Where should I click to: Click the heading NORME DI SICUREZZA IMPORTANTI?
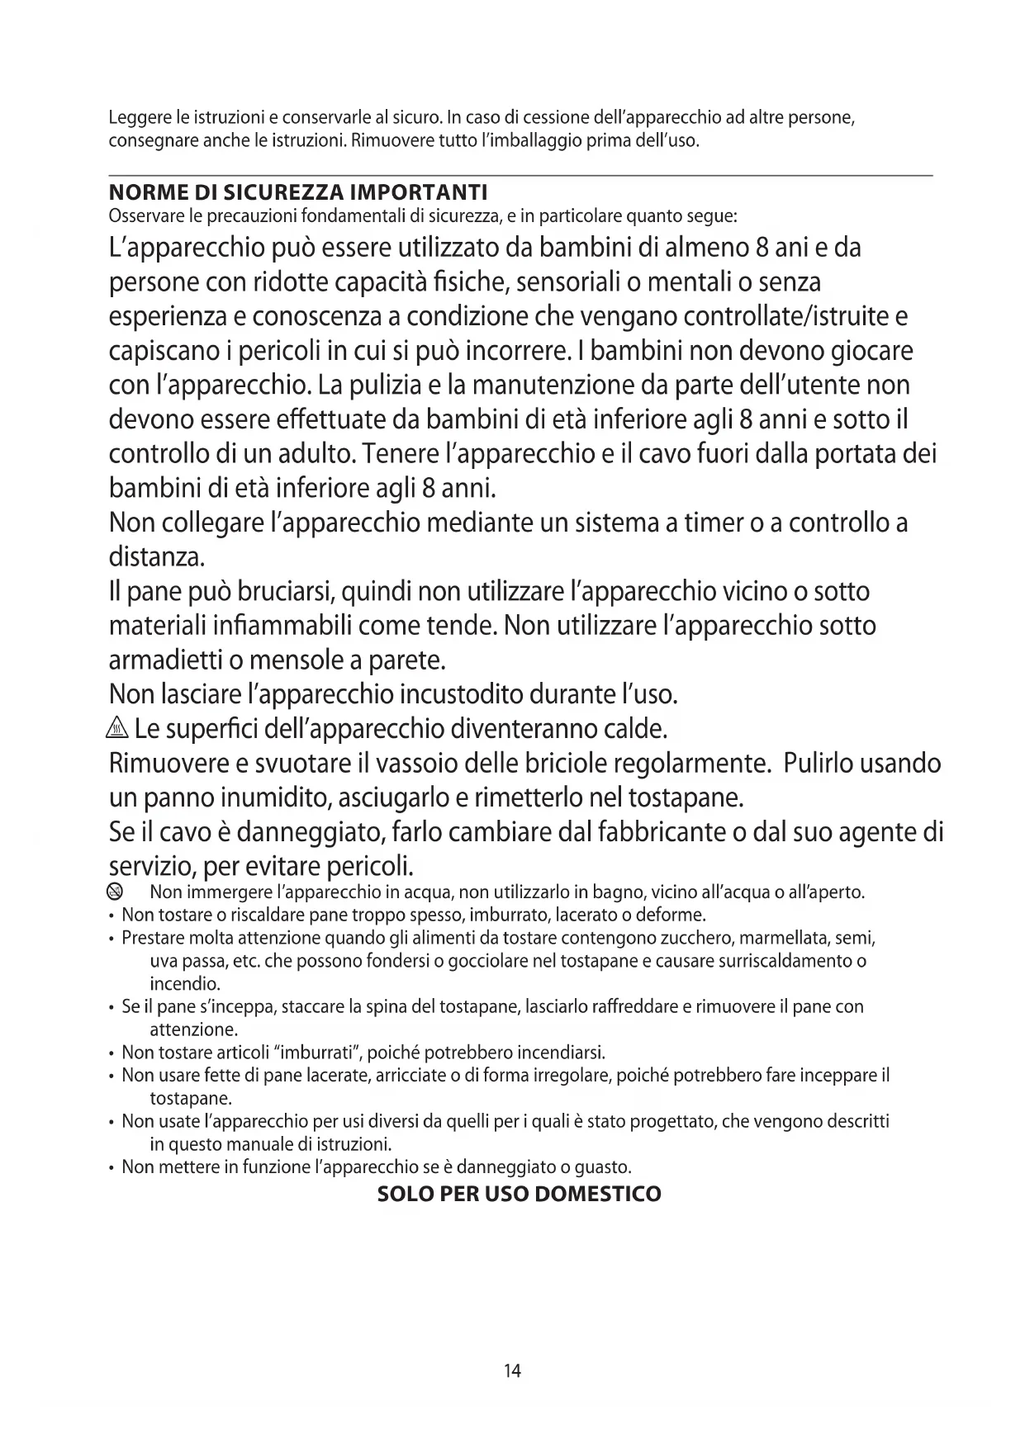pos(298,193)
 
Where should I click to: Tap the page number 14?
pos(512,1371)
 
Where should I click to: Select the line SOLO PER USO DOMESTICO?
pos(519,1194)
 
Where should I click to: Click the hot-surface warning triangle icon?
pos(119,730)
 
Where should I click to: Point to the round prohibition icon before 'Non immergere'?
pos(115,892)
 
